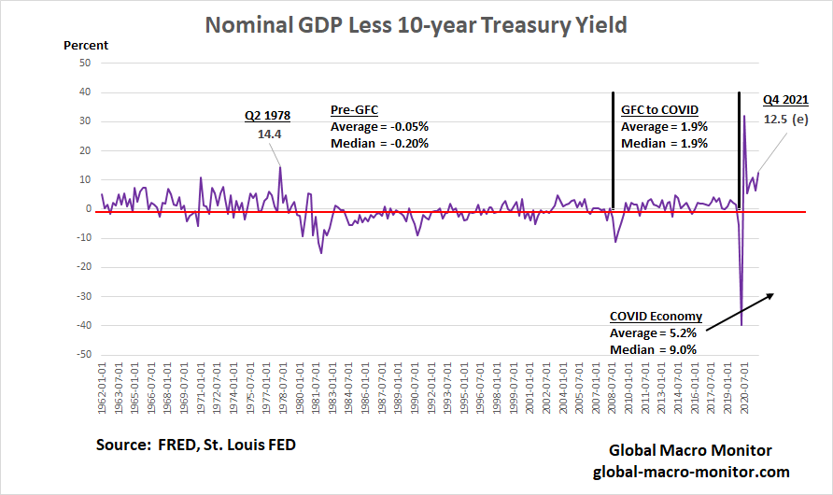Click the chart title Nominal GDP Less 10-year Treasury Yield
point(416,24)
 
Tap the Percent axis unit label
point(86,45)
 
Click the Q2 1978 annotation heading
point(267,116)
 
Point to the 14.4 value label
point(269,134)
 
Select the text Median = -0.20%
point(379,143)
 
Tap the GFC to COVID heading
point(659,109)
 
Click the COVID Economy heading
point(656,316)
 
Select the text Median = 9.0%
point(653,348)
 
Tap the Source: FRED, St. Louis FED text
point(196,445)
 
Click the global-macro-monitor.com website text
point(691,472)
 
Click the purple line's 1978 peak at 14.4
point(280,167)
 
